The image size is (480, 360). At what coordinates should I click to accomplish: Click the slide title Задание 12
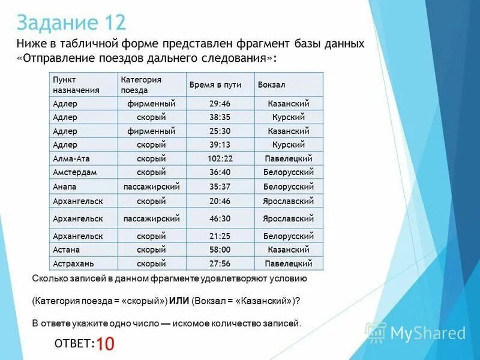(x=71, y=22)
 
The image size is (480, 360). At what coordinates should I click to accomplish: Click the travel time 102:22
(x=220, y=158)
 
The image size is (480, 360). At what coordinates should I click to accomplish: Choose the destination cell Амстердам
(x=75, y=172)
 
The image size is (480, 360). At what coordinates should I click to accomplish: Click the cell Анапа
(x=64, y=186)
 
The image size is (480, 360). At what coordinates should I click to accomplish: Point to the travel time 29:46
(x=220, y=103)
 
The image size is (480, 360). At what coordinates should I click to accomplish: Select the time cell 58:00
(x=220, y=249)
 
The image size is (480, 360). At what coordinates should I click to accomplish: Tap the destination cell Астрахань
(x=73, y=263)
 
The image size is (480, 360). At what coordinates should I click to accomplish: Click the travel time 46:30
(x=220, y=218)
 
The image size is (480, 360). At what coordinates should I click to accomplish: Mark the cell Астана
(x=66, y=249)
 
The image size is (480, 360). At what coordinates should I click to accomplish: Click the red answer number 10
(x=106, y=343)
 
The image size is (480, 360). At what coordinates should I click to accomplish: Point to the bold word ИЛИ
(x=178, y=301)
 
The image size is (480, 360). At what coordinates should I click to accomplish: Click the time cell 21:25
(x=220, y=236)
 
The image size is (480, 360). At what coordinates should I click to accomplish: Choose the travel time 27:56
(x=220, y=263)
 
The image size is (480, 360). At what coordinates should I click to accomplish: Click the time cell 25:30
(x=220, y=130)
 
